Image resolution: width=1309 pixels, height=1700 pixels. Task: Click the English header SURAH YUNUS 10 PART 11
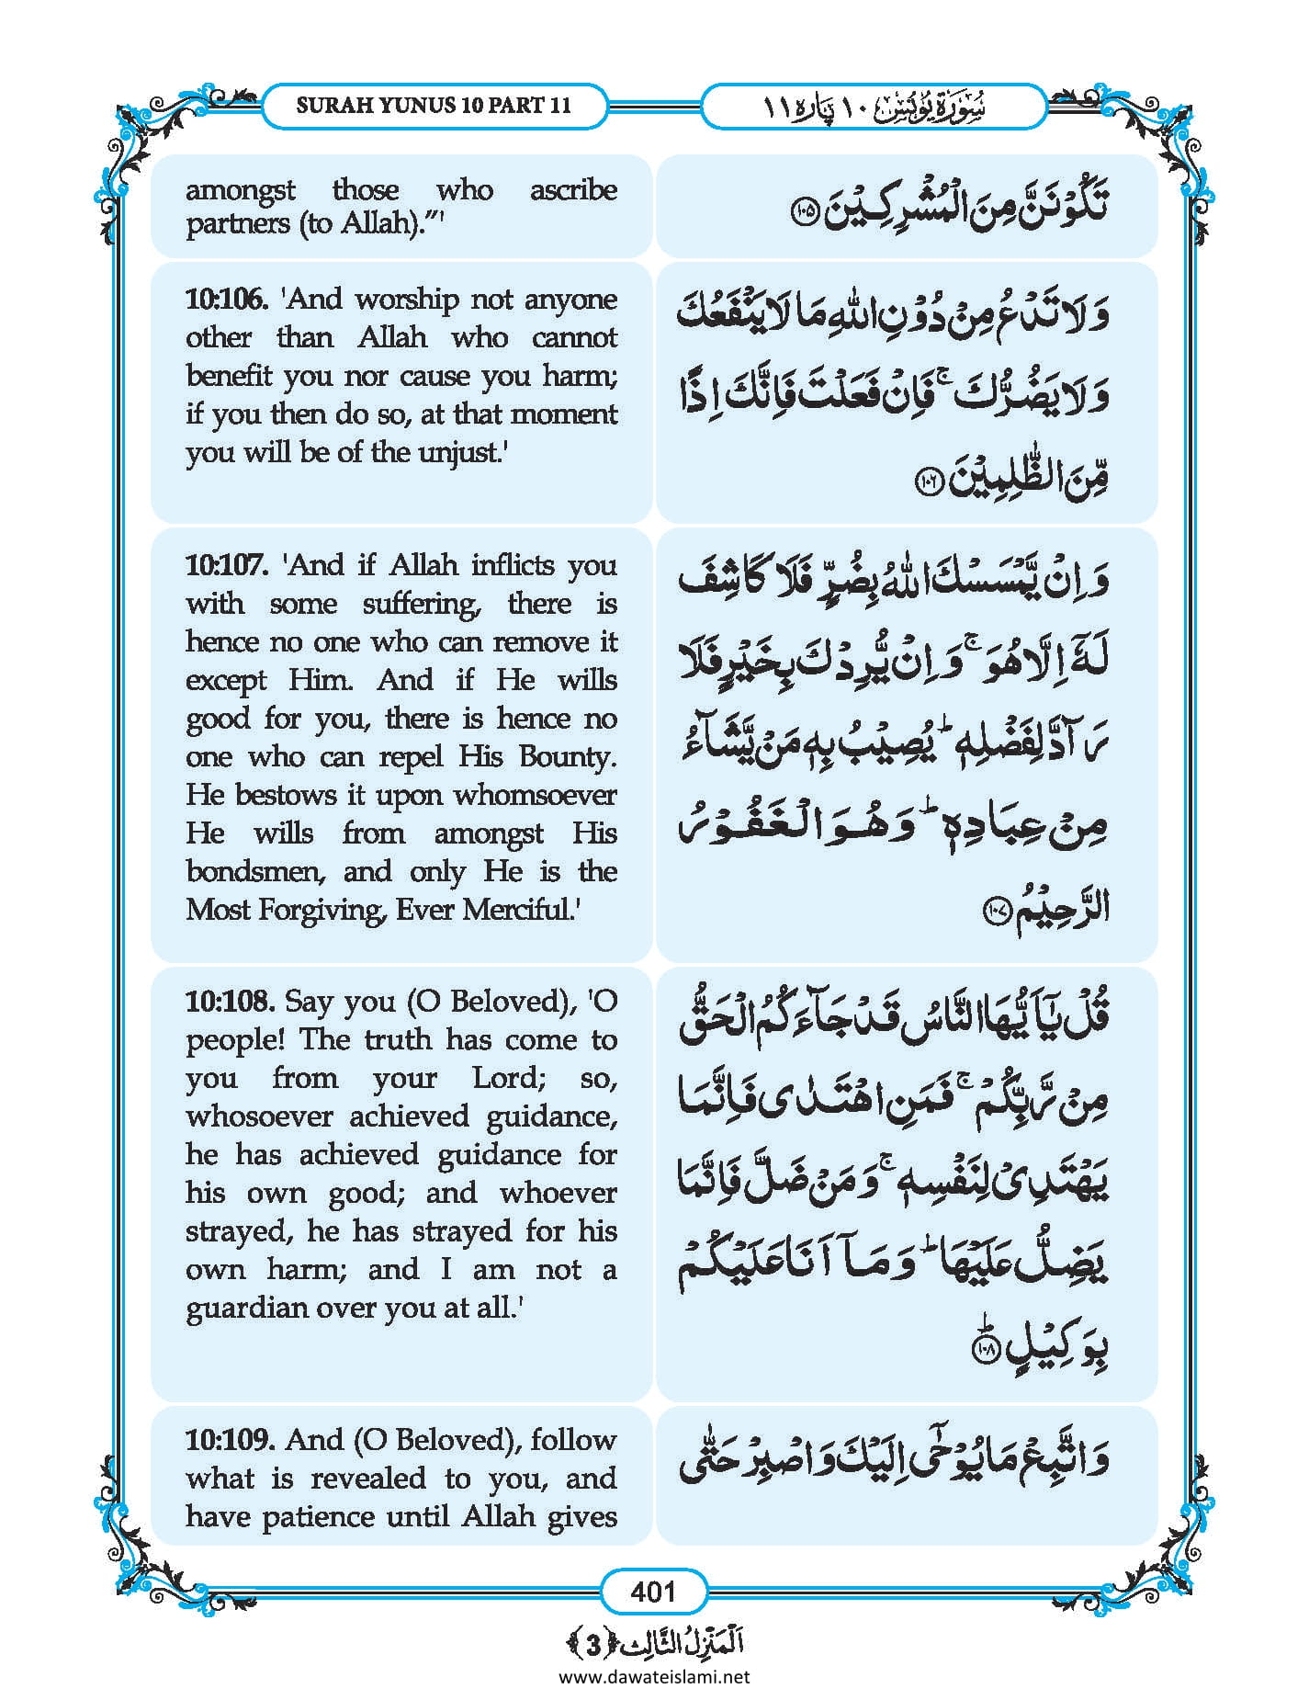[x=433, y=105]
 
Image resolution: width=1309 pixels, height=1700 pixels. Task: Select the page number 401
[x=653, y=1591]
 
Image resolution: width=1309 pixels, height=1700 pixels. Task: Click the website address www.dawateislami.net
[x=654, y=1676]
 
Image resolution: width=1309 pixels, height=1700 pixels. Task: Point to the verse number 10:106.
[x=226, y=300]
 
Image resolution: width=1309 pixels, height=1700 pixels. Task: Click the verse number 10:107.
[x=226, y=564]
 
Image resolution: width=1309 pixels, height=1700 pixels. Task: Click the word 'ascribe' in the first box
[x=573, y=190]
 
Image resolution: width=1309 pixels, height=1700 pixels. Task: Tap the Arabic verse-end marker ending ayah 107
[x=997, y=912]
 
